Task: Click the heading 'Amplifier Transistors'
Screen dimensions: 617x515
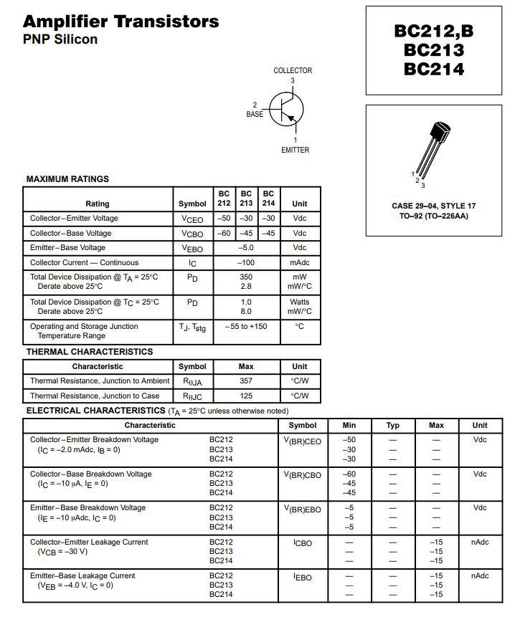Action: click(121, 21)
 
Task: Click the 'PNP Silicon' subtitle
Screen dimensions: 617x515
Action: click(60, 39)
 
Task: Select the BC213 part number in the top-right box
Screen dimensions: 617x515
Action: click(433, 50)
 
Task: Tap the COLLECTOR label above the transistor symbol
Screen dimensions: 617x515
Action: click(293, 70)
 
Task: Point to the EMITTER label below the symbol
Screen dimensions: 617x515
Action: click(295, 150)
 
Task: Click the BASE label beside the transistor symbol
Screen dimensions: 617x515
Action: click(255, 114)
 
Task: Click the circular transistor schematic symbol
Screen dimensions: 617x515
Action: click(287, 110)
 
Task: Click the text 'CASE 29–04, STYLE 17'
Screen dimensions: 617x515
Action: click(433, 206)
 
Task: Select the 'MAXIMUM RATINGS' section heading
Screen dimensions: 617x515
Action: click(67, 179)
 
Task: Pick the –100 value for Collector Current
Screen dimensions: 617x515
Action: click(246, 263)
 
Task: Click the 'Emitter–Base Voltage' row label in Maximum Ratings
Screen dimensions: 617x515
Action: click(67, 248)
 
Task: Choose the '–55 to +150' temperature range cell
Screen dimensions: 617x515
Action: click(246, 327)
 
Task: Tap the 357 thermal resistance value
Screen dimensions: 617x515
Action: click(246, 381)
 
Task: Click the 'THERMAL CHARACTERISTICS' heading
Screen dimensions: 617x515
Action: click(90, 352)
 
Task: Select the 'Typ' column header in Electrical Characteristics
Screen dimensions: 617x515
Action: click(392, 426)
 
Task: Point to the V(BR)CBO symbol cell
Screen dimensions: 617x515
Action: click(302, 475)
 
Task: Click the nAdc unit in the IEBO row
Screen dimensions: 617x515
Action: click(479, 576)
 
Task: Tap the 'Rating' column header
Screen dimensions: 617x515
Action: click(98, 204)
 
